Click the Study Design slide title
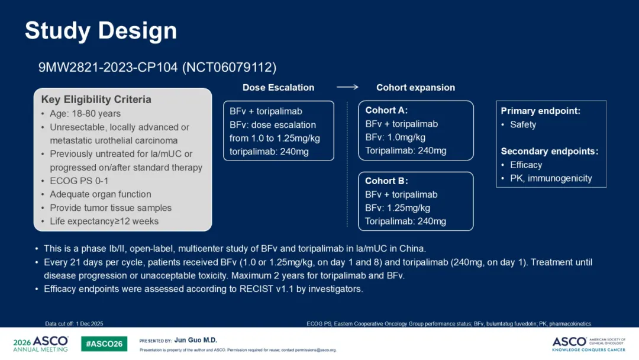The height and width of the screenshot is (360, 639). click(x=101, y=31)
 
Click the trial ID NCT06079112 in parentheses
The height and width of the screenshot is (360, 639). click(x=229, y=67)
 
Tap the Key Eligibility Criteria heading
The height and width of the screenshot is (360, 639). click(x=96, y=99)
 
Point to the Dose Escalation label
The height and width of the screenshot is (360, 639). click(x=278, y=88)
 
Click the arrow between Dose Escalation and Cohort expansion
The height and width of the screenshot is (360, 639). click(x=347, y=87)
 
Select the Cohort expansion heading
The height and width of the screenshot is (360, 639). click(x=416, y=88)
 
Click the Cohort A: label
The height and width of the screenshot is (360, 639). click(x=386, y=111)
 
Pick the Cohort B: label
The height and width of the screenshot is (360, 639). click(x=386, y=181)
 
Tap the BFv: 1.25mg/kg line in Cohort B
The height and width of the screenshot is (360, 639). click(x=398, y=208)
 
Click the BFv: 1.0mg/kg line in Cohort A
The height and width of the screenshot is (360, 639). click(x=395, y=137)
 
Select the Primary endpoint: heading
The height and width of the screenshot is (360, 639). click(x=540, y=111)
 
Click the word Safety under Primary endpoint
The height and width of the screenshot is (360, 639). click(x=523, y=125)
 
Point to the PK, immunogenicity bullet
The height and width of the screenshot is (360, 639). click(x=551, y=179)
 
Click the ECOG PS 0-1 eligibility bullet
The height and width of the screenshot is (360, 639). click(x=79, y=181)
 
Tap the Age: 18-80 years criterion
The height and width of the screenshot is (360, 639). click(x=85, y=114)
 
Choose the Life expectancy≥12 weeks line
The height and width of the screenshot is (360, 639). click(x=104, y=221)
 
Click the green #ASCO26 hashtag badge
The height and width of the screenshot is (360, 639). click(x=104, y=343)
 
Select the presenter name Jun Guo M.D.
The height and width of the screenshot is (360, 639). click(x=196, y=340)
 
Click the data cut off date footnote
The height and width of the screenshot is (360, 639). click(x=74, y=324)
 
